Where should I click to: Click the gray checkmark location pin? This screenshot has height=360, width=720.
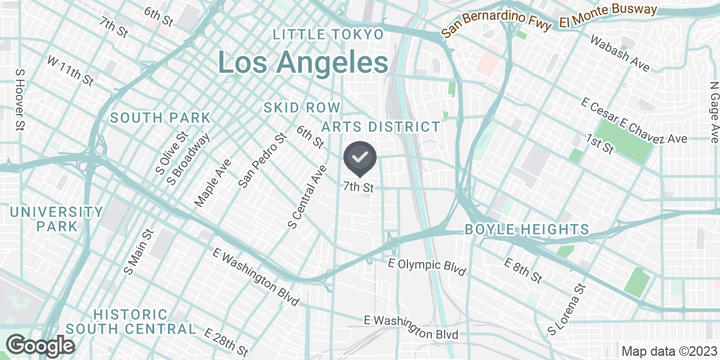[359, 158]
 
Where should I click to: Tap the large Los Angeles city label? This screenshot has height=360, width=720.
[302, 62]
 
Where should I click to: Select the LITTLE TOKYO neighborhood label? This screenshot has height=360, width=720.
[328, 34]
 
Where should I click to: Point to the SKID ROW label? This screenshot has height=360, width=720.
[302, 107]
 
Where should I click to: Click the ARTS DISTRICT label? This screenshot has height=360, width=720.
[381, 127]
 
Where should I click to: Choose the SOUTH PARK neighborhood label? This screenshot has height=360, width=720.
[160, 118]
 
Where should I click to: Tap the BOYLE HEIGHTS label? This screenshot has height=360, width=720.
[527, 229]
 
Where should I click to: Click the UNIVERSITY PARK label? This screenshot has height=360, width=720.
[56, 219]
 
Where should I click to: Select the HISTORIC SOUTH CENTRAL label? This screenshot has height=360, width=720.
[131, 322]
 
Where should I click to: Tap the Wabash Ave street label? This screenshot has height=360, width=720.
[620, 53]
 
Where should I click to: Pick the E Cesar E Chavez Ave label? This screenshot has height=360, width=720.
[634, 121]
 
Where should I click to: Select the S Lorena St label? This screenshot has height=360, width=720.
[566, 310]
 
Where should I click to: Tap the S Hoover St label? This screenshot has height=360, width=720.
[19, 99]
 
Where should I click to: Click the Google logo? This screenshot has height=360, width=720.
[41, 346]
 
